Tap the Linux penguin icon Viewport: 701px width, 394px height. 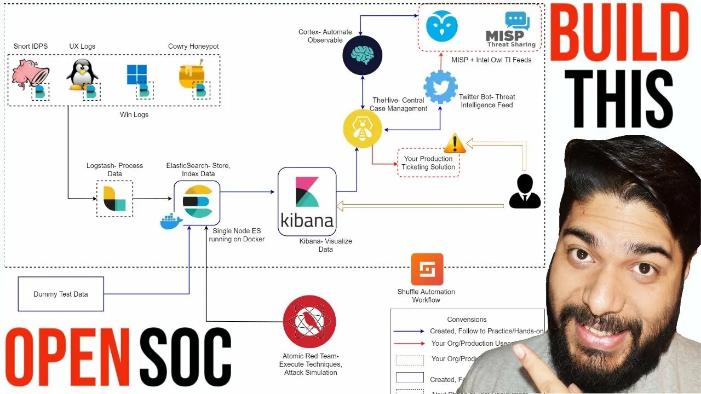(82, 74)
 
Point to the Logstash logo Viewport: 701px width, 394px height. (114, 198)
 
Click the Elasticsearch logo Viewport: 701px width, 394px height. (197, 200)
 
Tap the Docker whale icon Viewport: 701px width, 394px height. (171, 222)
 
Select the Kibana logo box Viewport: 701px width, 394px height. (307, 201)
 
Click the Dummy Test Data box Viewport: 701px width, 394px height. (61, 294)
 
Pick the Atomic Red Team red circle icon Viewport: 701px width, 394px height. (309, 322)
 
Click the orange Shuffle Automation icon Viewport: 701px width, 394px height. (427, 269)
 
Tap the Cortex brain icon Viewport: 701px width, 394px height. (362, 55)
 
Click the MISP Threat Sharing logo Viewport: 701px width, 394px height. (510, 30)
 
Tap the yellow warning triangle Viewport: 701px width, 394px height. (455, 143)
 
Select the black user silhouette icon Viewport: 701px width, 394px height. (525, 192)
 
